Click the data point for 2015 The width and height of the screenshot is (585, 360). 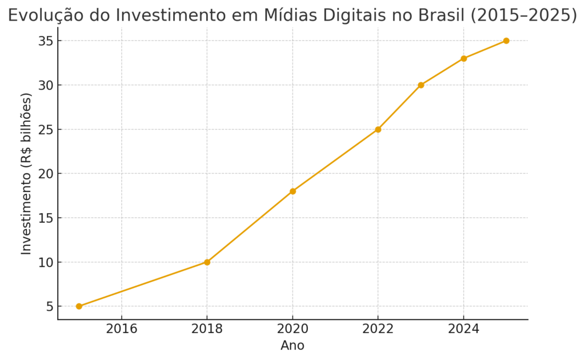pos(79,306)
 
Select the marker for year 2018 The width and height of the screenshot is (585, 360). pos(207,262)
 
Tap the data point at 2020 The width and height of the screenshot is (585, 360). pos(292,191)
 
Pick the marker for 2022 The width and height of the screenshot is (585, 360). pos(378,129)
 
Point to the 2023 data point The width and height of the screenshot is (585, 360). pos(421,85)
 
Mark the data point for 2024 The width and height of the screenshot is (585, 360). pos(463,58)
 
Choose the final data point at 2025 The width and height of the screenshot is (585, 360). pos(506,41)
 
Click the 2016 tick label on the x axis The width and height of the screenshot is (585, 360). pos(122,329)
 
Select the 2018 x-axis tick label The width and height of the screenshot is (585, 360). pos(207,329)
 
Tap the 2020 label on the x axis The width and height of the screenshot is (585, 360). pos(292,329)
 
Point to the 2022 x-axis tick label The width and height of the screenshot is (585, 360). pos(378,329)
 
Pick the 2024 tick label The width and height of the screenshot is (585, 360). pos(463,329)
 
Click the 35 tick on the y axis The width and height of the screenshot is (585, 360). pos(46,41)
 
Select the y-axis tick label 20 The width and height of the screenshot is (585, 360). pos(46,174)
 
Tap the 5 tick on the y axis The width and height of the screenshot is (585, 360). pos(50,307)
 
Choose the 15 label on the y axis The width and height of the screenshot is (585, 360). pos(46,218)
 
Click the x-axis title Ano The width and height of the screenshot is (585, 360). pos(292,346)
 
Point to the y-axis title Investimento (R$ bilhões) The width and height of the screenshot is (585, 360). pos(27,173)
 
